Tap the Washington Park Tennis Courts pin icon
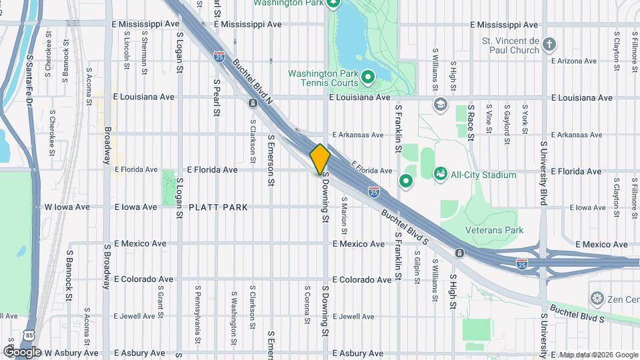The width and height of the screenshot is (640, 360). [x=367, y=80]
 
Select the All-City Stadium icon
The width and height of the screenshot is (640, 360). [x=440, y=175]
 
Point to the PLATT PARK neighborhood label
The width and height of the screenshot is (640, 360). [x=218, y=207]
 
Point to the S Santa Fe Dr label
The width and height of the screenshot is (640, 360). [x=29, y=80]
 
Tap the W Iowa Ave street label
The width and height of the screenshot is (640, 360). [x=67, y=207]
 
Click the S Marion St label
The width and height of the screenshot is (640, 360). [x=345, y=215]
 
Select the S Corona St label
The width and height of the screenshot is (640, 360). [x=307, y=305]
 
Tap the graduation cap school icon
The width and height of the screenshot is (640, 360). [x=440, y=104]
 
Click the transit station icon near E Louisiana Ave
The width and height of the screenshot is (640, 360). [x=253, y=103]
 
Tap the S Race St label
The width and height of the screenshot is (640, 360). [x=470, y=123]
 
